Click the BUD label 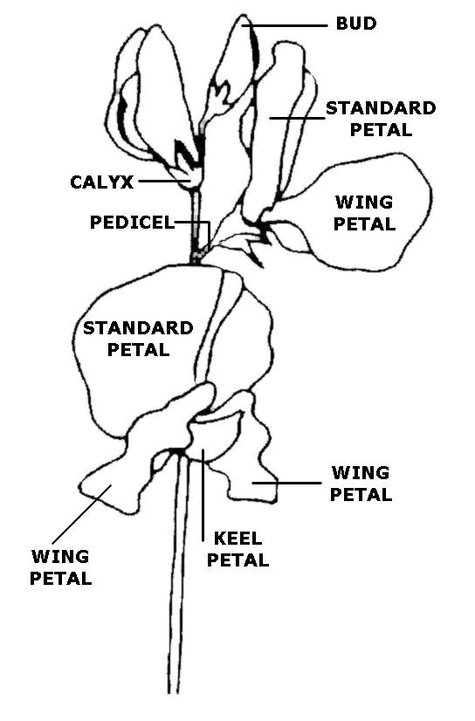tap(356, 24)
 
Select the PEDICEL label tap(132, 222)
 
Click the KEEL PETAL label tap(237, 549)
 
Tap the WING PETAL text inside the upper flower tap(364, 212)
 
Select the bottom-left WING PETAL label tap(61, 566)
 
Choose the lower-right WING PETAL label tap(361, 484)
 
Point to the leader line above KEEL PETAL tap(203, 493)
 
